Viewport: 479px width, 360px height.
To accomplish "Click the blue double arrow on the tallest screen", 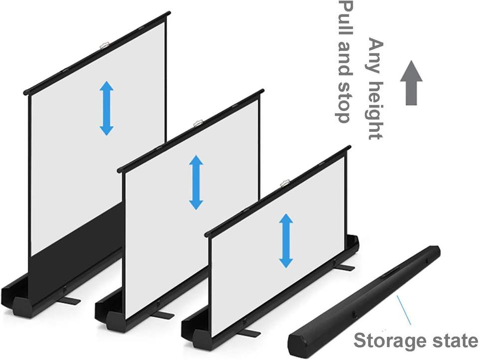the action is click(x=107, y=108).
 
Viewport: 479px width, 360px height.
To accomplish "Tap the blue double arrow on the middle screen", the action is click(x=196, y=182).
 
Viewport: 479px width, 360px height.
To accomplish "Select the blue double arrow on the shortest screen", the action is click(x=286, y=241).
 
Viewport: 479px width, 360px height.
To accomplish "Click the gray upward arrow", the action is click(x=411, y=83).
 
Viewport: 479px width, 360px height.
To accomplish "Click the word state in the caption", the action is click(x=452, y=340).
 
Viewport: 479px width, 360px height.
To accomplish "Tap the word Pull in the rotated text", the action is click(x=345, y=18).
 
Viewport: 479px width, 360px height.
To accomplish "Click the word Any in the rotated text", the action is click(x=375, y=55).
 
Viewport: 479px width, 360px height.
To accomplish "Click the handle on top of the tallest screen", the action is click(x=104, y=45).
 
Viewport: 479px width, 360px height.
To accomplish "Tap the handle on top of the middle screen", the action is click(x=198, y=123).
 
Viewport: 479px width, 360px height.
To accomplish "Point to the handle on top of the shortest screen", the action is click(x=285, y=183).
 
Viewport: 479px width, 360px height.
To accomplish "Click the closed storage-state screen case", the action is click(x=364, y=301).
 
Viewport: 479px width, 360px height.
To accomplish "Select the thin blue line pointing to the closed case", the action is click(x=404, y=310).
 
